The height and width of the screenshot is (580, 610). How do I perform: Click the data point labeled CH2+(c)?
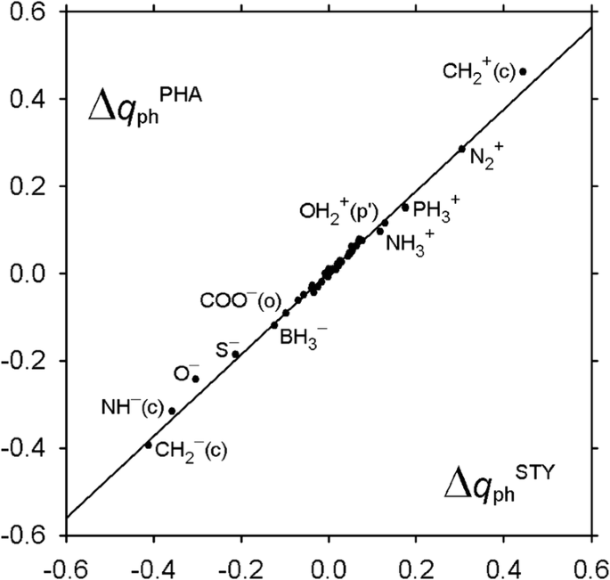point(523,71)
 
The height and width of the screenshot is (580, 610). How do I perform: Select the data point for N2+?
point(461,149)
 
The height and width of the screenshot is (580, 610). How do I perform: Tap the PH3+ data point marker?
point(405,208)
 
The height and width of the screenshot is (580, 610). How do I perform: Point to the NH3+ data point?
point(380,232)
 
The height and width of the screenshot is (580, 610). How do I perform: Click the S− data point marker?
point(236,355)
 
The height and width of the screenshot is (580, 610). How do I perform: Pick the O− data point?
point(196,380)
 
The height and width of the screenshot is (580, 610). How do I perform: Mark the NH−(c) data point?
point(172,411)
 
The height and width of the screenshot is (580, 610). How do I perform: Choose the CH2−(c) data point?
point(149,445)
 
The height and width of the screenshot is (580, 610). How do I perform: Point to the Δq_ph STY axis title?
point(499,485)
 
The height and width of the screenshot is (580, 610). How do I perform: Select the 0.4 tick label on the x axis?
point(503,565)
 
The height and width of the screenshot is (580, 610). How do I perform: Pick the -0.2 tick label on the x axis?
point(240,565)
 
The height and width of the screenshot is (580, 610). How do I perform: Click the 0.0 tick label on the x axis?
point(329,565)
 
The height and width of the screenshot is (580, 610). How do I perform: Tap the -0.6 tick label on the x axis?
point(65,565)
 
